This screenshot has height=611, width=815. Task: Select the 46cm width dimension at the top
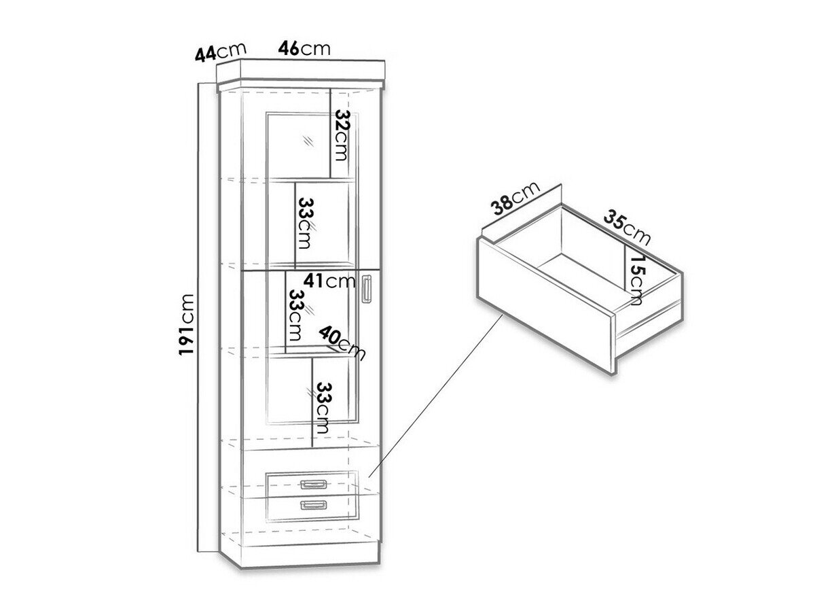(304, 48)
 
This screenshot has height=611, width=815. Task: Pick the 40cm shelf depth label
(342, 342)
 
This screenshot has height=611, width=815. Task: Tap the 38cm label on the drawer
(516, 198)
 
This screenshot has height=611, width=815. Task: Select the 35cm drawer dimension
(626, 228)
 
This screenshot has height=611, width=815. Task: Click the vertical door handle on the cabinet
(367, 288)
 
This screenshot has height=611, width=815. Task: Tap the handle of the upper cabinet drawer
(314, 484)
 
